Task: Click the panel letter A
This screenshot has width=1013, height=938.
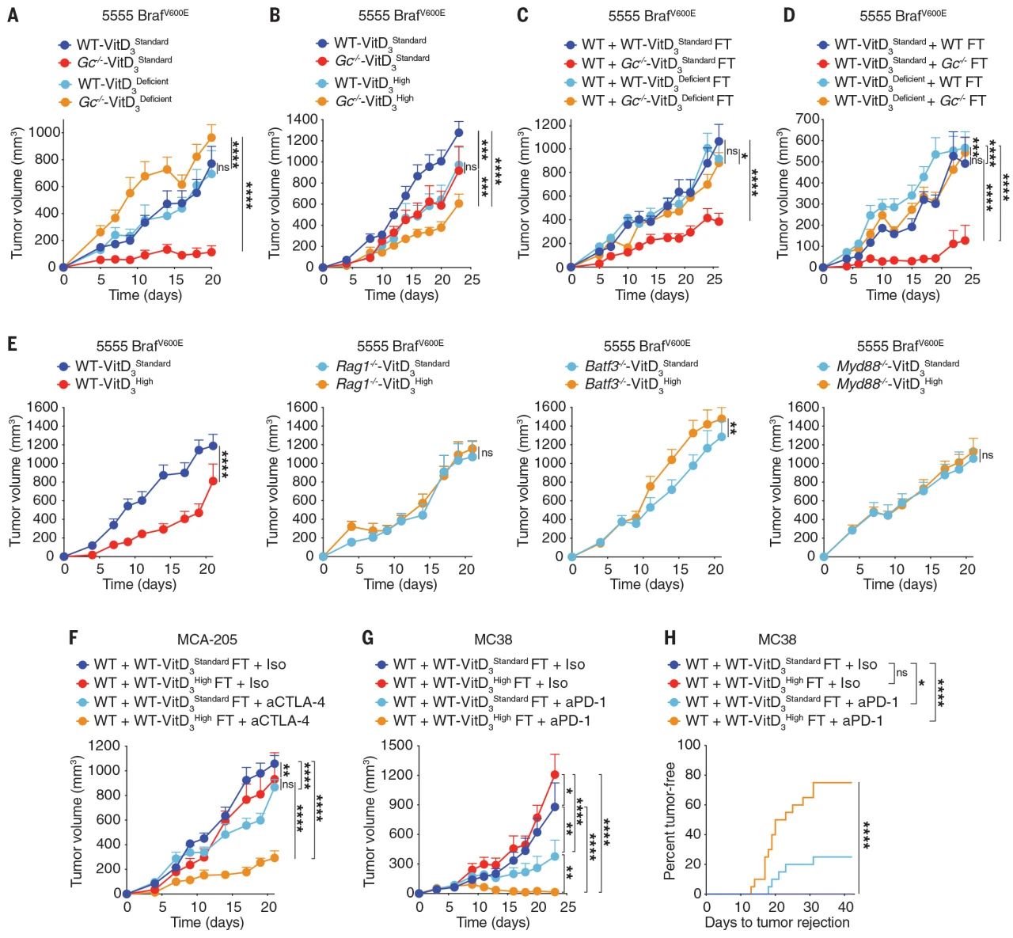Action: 12,15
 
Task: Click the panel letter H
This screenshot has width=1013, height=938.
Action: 670,638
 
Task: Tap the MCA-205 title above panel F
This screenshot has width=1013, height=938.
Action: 207,639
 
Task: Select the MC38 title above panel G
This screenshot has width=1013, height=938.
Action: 492,639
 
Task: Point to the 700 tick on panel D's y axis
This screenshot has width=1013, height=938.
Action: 806,119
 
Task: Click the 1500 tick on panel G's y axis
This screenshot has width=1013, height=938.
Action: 397,745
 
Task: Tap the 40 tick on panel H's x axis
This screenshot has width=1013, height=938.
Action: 846,907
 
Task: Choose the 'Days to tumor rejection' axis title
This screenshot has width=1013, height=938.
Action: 776,923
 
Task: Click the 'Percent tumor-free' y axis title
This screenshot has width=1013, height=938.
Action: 670,820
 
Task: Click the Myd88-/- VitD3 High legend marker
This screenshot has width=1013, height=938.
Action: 824,384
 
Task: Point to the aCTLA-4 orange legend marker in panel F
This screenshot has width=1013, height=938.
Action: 82,721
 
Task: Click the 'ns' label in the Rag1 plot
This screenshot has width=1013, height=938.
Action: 487,453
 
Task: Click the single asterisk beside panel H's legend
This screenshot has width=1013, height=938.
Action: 921,682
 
